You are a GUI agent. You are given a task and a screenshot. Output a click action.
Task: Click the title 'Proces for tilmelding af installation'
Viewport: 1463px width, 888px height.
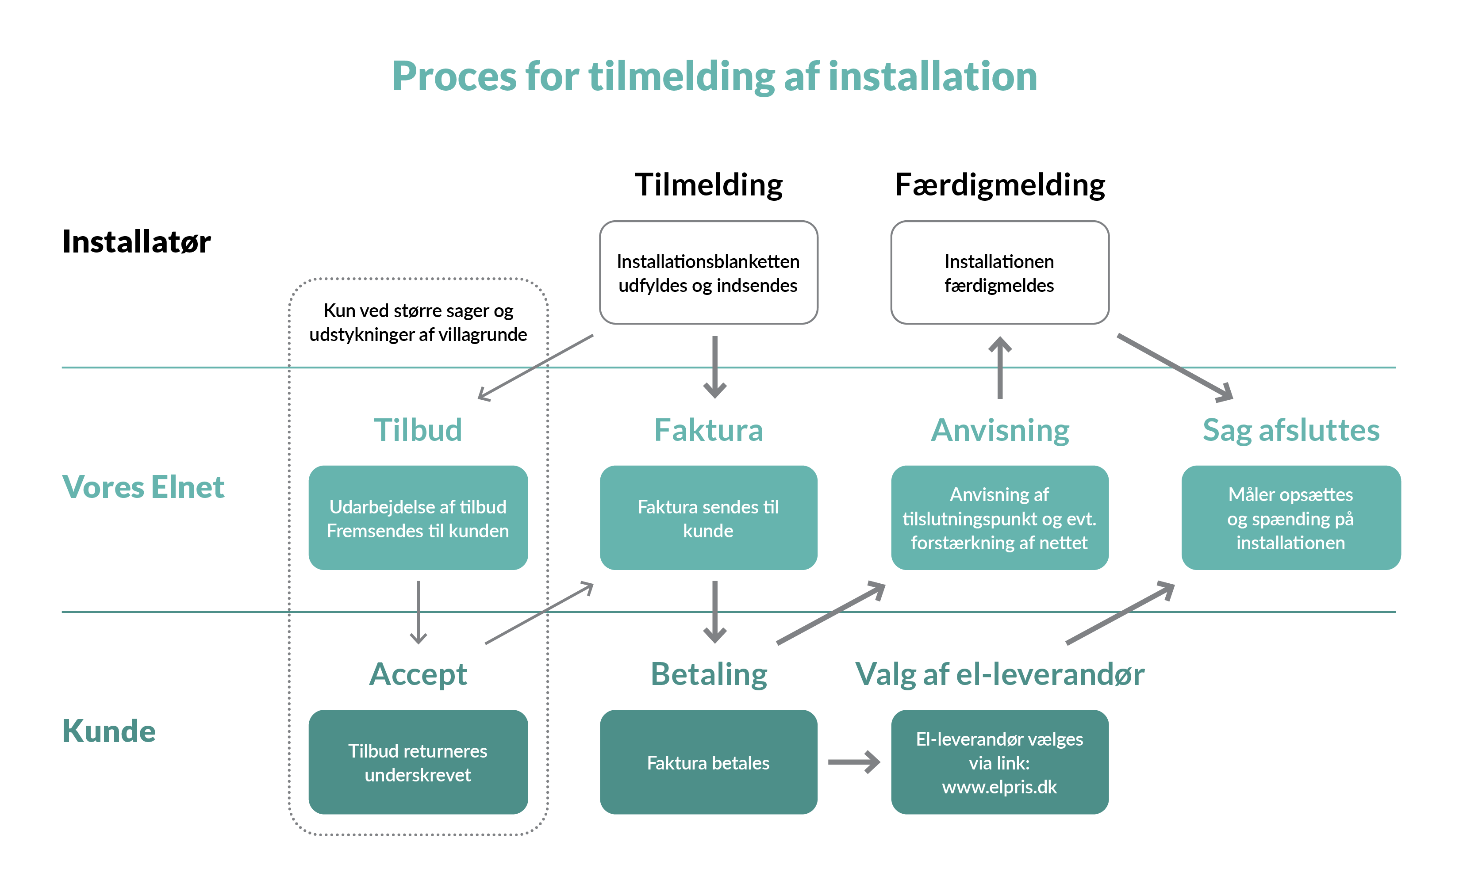coord(714,77)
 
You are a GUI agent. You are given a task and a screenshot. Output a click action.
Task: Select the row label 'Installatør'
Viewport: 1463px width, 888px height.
coord(137,241)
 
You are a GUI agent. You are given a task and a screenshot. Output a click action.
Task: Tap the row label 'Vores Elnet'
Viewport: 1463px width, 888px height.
coord(143,487)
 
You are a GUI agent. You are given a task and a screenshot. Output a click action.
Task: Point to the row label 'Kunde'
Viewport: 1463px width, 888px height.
coord(109,731)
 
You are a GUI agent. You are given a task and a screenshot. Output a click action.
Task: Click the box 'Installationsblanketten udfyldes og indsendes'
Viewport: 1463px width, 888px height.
coord(708,273)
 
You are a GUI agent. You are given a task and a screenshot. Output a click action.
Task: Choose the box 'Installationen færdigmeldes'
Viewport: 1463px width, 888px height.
coord(999,273)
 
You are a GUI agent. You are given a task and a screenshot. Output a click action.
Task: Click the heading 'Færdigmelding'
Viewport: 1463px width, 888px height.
coord(1000,184)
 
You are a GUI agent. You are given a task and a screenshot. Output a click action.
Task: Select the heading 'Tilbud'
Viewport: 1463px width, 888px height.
coord(418,430)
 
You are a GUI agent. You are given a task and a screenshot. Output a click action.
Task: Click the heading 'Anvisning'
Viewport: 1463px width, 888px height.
coord(1000,430)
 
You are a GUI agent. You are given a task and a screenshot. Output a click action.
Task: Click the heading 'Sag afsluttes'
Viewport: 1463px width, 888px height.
coord(1291,430)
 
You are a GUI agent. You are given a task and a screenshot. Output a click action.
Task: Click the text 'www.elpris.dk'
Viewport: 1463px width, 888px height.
coord(999,787)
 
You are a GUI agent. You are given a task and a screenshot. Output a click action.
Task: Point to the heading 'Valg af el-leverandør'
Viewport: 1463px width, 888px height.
coord(1000,674)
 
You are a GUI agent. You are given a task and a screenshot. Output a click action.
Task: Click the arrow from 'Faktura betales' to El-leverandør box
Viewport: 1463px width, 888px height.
coord(854,762)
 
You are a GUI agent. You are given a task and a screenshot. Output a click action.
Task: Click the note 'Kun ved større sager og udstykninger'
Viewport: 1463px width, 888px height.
coord(418,322)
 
